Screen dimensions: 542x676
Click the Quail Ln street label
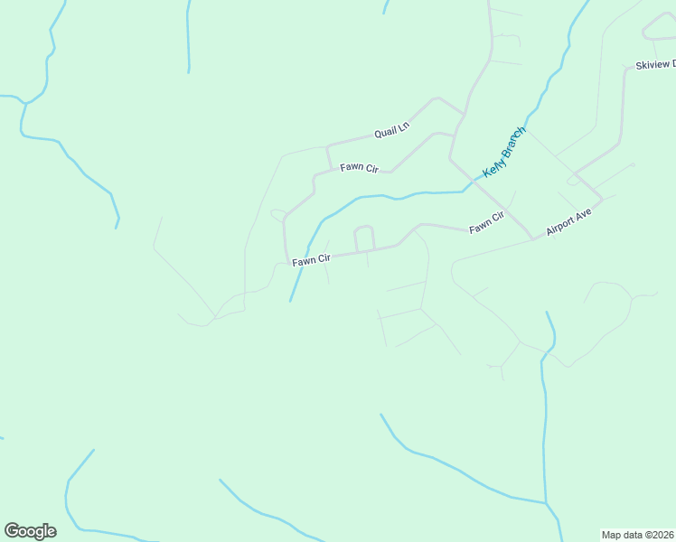tap(391, 132)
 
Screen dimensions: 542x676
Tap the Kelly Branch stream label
tap(504, 152)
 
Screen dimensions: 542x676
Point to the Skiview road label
tap(655, 65)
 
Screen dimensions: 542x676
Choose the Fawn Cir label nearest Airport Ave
tap(485, 222)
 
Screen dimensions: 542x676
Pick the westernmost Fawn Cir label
tap(311, 260)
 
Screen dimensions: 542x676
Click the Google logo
tap(30, 531)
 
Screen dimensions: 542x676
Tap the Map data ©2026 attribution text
tap(638, 534)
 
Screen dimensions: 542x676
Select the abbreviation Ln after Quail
tap(403, 128)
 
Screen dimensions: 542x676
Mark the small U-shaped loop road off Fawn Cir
tap(364, 238)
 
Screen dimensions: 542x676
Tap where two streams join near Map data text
tap(545, 503)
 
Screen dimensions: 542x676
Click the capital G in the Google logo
tap(12, 530)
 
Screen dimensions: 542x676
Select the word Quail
tap(385, 134)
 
